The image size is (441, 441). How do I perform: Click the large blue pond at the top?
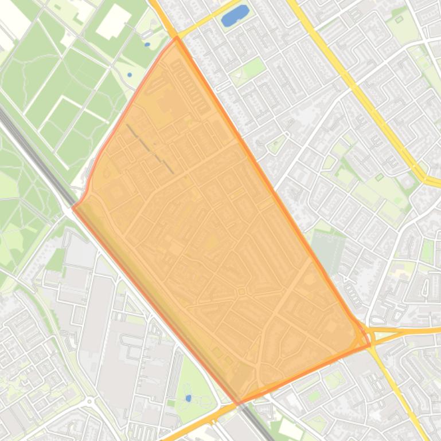click(235, 15)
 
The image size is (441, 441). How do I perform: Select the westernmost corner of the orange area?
click(72, 207)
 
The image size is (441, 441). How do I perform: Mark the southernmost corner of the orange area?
click(238, 404)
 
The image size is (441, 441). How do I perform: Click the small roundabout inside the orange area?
click(241, 292)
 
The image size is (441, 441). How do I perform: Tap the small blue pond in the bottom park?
click(189, 398)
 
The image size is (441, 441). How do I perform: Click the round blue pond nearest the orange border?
click(130, 74)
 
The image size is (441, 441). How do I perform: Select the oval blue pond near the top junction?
click(147, 44)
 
